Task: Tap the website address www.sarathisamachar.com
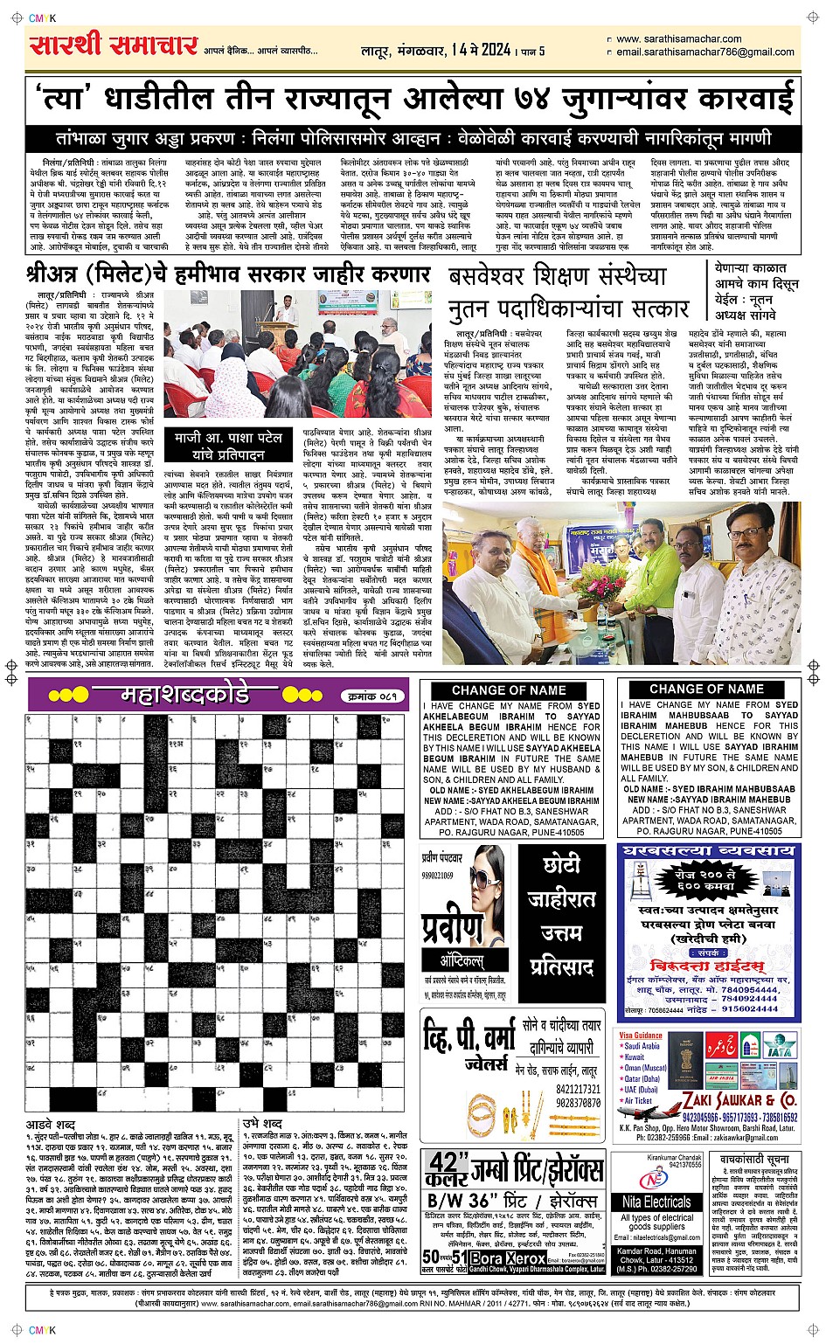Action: pos(678,39)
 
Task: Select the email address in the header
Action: pos(705,52)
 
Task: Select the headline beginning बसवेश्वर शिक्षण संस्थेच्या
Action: pos(569,293)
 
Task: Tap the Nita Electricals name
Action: pos(656,1202)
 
